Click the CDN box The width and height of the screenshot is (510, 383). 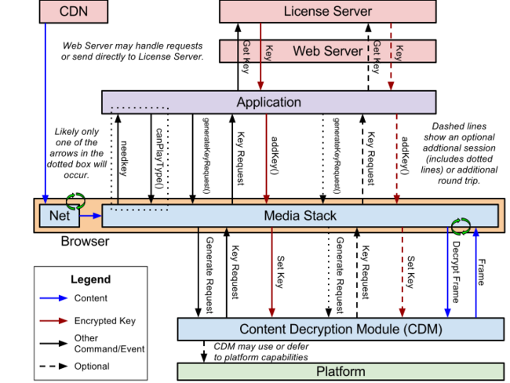coord(74,12)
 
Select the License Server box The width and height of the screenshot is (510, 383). coord(327,12)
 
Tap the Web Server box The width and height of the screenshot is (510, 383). coord(327,51)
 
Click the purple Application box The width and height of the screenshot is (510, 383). coord(268,102)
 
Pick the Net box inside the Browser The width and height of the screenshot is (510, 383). coord(59,215)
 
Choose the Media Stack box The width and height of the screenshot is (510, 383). coord(300,215)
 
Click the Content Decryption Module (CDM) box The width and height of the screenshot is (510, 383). coord(341,329)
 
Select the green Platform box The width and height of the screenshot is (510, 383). coord(341,371)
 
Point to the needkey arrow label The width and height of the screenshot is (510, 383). coord(124,159)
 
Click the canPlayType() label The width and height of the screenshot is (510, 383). coord(159,159)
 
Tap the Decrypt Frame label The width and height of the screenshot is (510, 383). coord(457,272)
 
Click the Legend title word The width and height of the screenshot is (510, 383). coord(91,279)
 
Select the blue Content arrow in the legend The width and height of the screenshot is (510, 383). coord(53,298)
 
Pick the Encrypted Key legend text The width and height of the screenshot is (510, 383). coord(104,321)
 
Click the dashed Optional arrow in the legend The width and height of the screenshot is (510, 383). coord(53,366)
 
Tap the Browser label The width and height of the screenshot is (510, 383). coord(85,241)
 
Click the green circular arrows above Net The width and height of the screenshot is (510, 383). coord(75,201)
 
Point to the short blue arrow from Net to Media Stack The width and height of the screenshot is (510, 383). coord(91,215)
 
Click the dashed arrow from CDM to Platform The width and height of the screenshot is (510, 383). coord(204,352)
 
